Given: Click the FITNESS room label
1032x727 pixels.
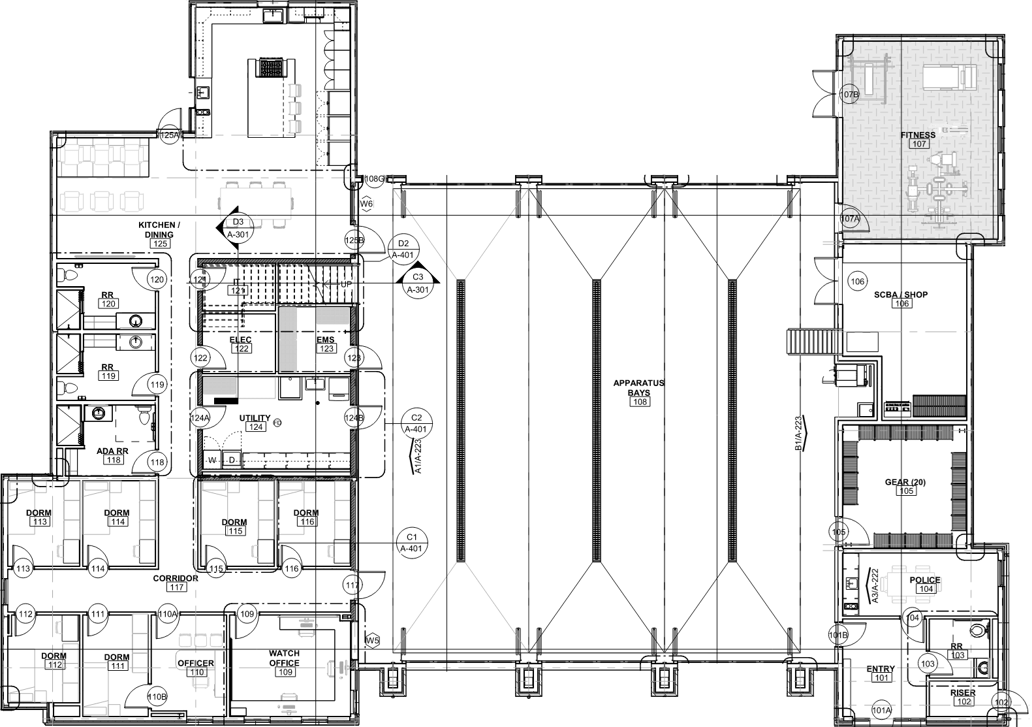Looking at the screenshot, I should point(918,135).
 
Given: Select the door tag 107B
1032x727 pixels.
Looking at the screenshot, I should point(850,95).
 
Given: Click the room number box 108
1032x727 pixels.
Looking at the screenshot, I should point(639,402).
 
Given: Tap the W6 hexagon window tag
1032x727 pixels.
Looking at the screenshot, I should point(367,204).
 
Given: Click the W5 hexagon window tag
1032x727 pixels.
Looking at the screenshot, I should point(372,641).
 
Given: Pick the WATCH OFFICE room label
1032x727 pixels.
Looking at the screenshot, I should point(285,658).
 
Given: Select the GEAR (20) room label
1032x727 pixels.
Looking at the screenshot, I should point(906,482).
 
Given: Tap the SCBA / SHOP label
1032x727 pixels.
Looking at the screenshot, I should point(901,295).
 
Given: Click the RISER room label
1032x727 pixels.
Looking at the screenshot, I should point(963,693).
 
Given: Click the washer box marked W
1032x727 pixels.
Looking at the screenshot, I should point(212,460).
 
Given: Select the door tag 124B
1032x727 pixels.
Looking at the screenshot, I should point(353,417).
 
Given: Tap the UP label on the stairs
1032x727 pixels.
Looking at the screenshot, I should point(346,285).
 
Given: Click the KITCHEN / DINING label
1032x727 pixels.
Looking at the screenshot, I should point(159,229).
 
